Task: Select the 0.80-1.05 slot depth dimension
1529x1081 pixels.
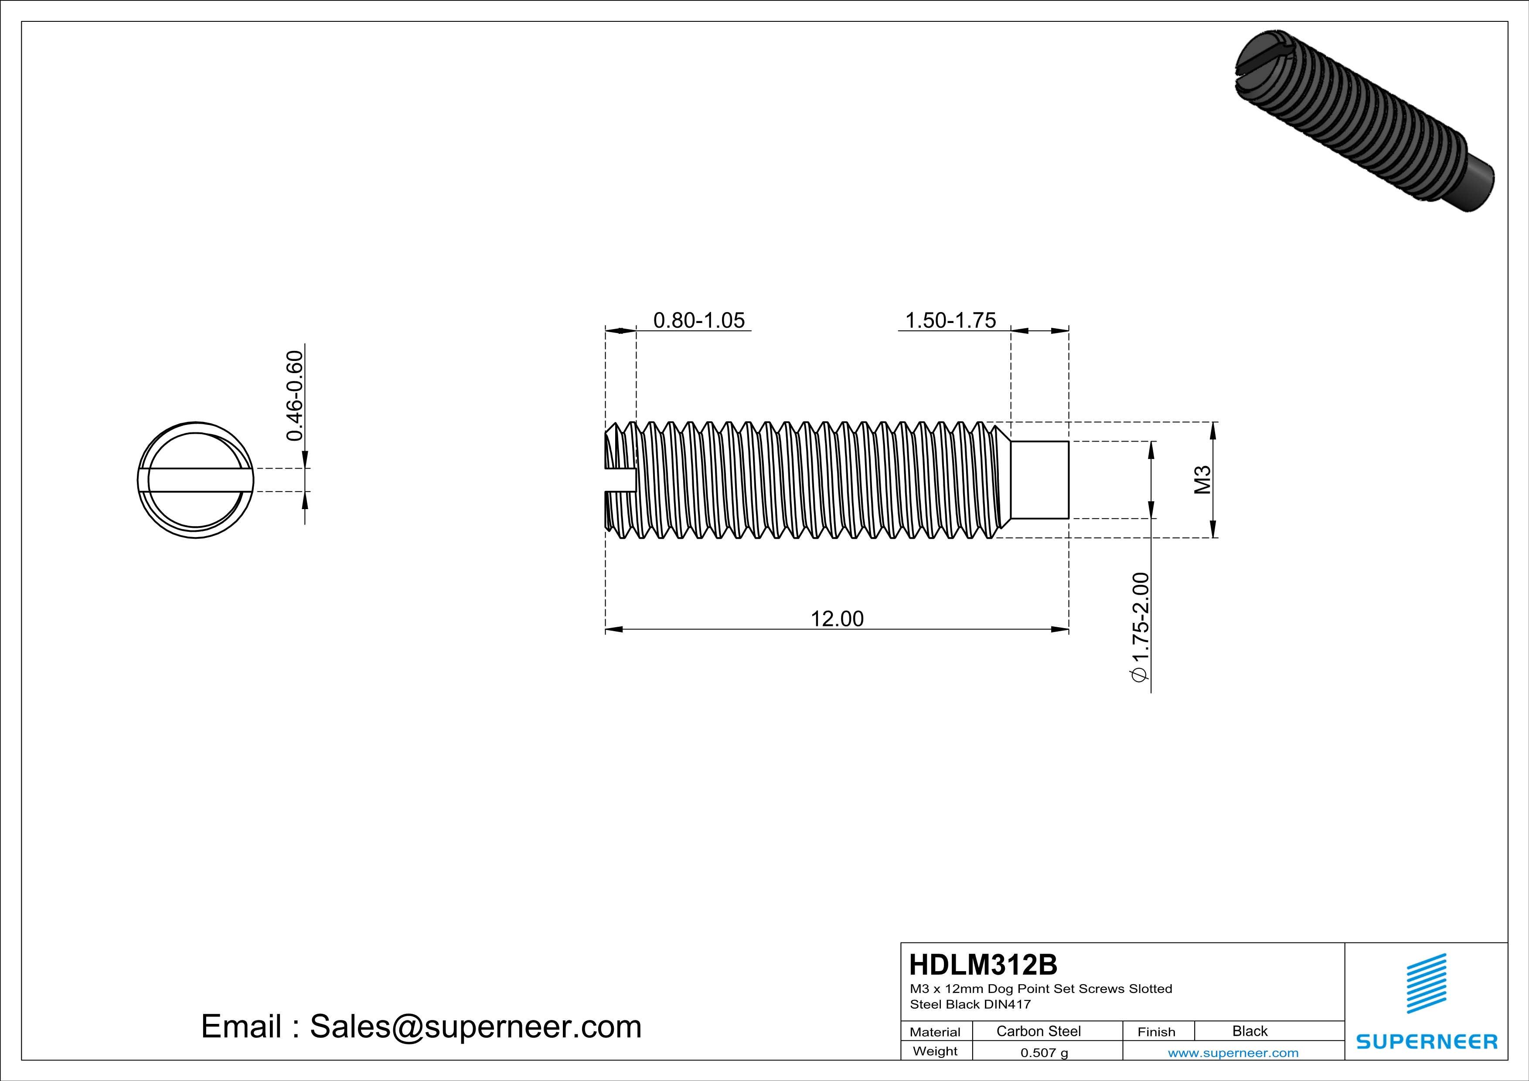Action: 698,320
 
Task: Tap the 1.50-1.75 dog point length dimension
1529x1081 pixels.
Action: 950,320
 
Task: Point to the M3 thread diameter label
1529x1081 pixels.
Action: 1202,480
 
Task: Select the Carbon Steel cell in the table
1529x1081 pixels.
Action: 1038,1031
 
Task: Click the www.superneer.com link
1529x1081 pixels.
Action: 1233,1052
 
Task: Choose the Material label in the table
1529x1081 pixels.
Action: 935,1032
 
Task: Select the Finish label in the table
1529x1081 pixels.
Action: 1156,1032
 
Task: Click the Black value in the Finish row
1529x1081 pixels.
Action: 1249,1031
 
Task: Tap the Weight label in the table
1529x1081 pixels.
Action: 935,1051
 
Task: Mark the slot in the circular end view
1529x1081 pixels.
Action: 196,480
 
